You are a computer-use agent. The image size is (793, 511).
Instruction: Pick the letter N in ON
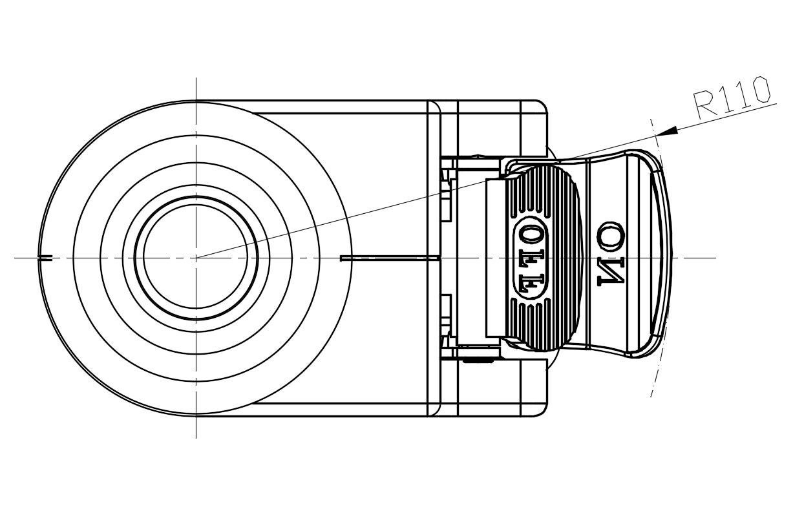click(x=611, y=271)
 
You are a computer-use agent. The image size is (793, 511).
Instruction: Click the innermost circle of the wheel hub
click(x=196, y=258)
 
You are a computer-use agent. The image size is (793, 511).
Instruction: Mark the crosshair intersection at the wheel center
click(x=196, y=258)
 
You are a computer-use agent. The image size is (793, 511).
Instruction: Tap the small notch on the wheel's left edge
click(x=45, y=258)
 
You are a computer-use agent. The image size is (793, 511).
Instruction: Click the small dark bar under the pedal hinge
click(x=478, y=360)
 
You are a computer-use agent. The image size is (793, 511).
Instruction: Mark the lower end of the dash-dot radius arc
click(x=651, y=394)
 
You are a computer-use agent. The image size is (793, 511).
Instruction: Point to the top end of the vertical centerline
click(x=196, y=79)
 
